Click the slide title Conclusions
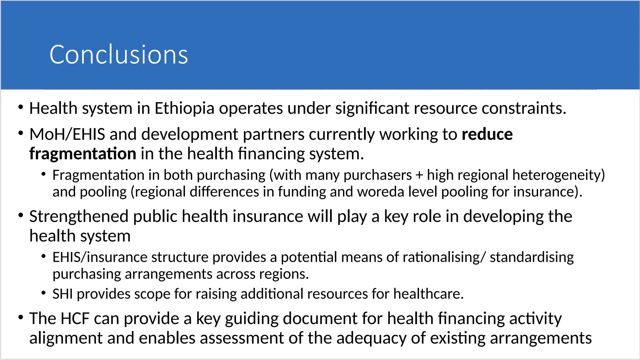pos(118,55)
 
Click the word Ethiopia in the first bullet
pos(184,108)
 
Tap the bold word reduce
pos(487,134)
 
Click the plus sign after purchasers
pos(419,175)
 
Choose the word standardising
pos(532,257)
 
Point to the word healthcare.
pos(428,294)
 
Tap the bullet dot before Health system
pos(21,107)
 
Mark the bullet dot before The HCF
pos(21,317)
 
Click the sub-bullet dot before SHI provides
pos(44,293)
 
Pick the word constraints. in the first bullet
pos(524,108)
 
